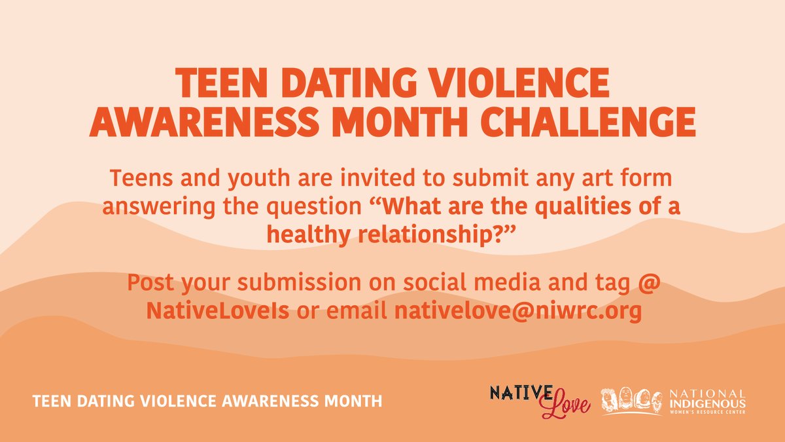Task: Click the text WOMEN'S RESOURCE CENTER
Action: click(x=706, y=412)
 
